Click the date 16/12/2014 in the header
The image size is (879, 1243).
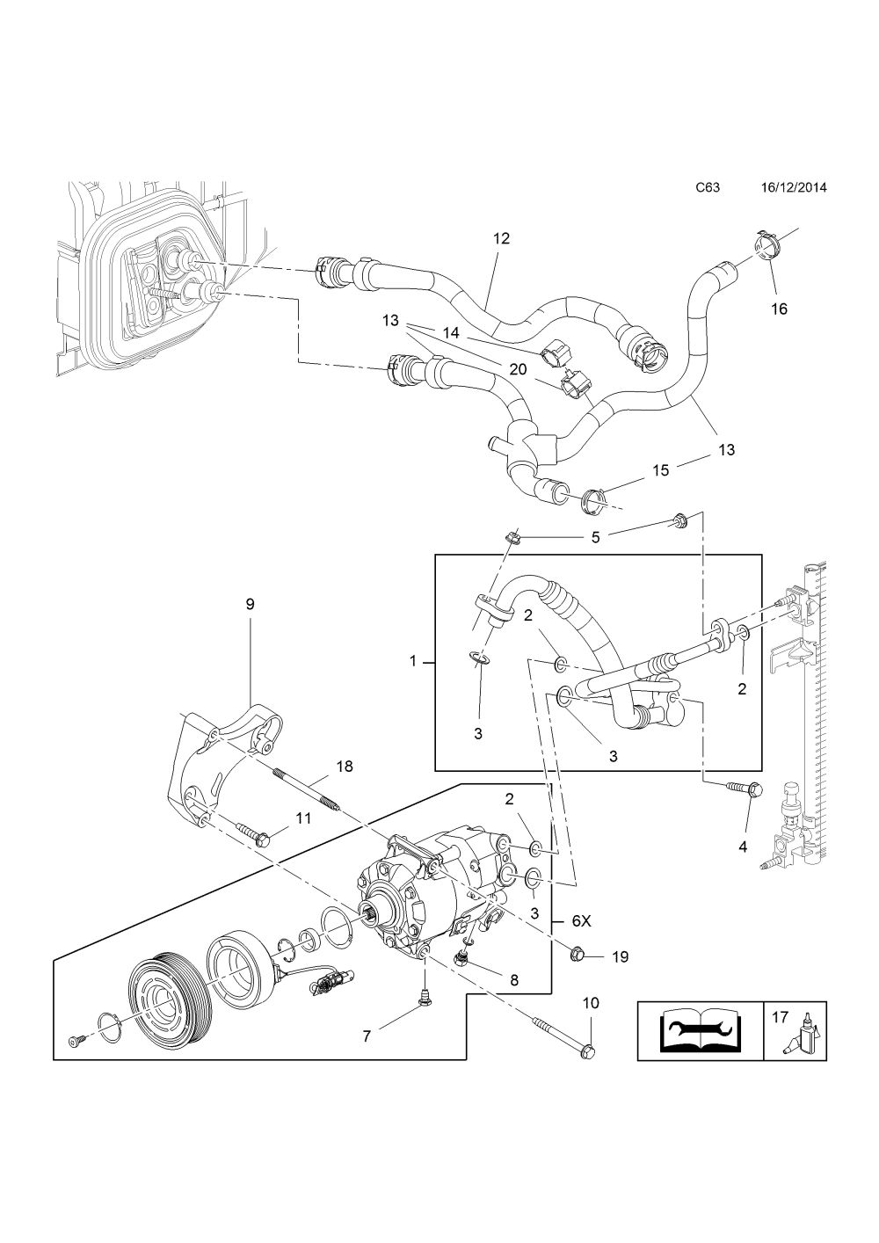[793, 187]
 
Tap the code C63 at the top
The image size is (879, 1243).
[708, 187]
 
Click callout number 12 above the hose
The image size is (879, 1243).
[501, 238]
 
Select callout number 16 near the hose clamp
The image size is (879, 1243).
[779, 309]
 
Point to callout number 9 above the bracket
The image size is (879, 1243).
[250, 604]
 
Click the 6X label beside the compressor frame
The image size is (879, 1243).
[582, 921]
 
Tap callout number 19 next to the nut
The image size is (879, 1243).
[620, 956]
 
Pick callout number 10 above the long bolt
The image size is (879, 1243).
[591, 1003]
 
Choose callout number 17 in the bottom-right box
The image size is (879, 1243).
[780, 1017]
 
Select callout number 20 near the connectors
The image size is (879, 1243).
[518, 369]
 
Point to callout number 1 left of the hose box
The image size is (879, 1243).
[412, 661]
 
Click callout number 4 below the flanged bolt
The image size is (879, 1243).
[743, 862]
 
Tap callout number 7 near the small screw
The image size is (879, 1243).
[367, 1036]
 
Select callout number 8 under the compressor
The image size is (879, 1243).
[514, 980]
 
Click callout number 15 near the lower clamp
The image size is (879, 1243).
[661, 470]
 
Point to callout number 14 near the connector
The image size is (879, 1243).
[451, 332]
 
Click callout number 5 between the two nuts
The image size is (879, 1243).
[595, 537]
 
